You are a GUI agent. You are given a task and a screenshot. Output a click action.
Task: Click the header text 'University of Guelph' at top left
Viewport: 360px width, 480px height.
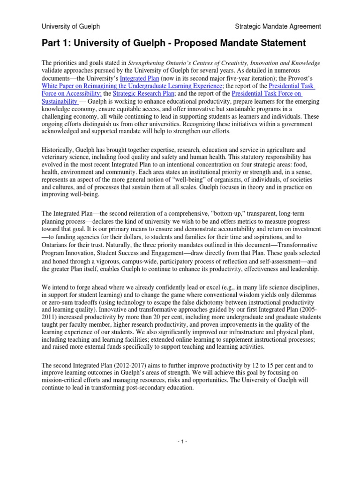tap(70, 27)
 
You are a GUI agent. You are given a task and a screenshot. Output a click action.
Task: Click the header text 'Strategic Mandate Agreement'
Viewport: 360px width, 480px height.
tap(278, 27)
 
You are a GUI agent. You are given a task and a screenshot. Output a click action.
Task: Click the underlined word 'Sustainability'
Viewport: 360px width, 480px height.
tap(59, 101)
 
